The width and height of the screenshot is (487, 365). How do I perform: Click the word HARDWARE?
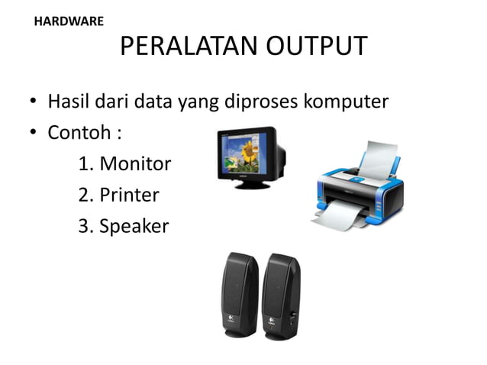(69, 21)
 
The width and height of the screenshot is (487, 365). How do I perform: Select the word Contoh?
(79, 133)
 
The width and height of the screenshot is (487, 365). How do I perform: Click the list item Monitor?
(135, 163)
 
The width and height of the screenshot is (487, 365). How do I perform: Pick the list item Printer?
(129, 195)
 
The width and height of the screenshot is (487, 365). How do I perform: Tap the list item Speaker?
(134, 226)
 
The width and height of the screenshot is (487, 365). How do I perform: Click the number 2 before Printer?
(84, 195)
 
